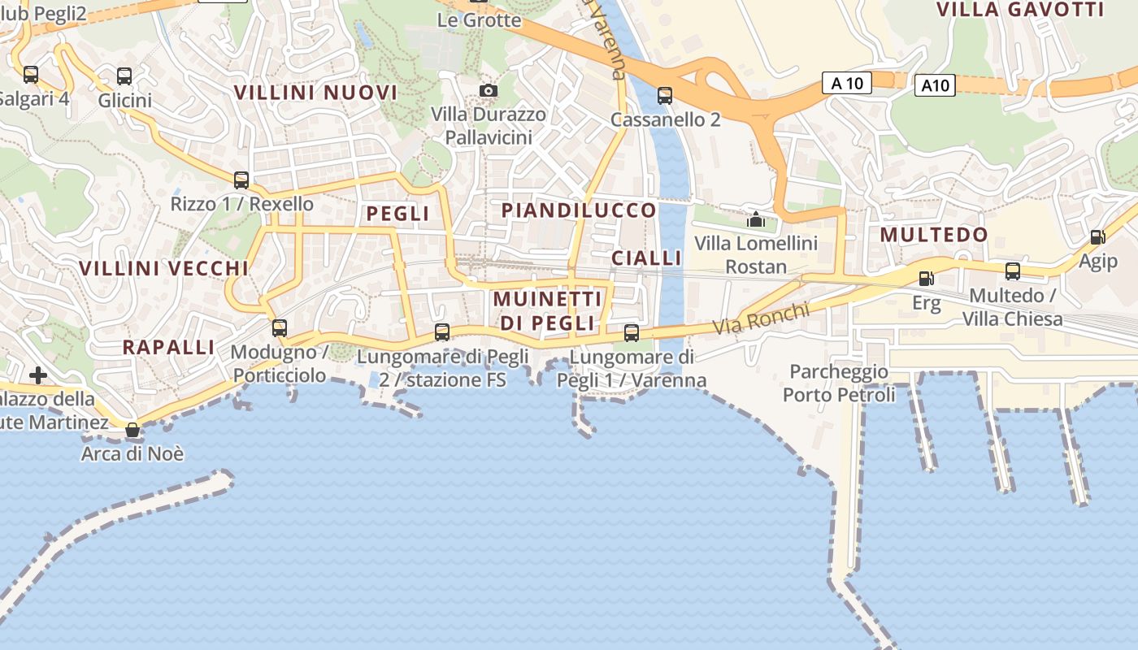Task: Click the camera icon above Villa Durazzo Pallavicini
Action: point(488,90)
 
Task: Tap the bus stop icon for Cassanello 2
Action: point(665,96)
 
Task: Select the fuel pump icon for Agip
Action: point(1097,237)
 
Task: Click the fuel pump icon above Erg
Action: point(925,279)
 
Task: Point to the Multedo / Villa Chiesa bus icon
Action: point(1012,271)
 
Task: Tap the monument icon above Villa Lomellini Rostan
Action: point(756,219)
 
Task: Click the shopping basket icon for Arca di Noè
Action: point(132,430)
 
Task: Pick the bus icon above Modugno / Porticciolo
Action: point(279,328)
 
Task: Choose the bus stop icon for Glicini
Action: point(124,76)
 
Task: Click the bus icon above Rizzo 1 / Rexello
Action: point(241,180)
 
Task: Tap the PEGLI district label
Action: point(397,214)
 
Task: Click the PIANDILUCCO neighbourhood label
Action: point(579,210)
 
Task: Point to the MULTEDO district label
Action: point(934,235)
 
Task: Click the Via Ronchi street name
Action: point(762,318)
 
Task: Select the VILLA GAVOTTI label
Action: point(1020,10)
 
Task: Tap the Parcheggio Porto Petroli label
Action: point(839,383)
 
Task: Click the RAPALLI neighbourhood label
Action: point(168,347)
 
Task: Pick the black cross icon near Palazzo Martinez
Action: point(37,375)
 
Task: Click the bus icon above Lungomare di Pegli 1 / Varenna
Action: point(631,332)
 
